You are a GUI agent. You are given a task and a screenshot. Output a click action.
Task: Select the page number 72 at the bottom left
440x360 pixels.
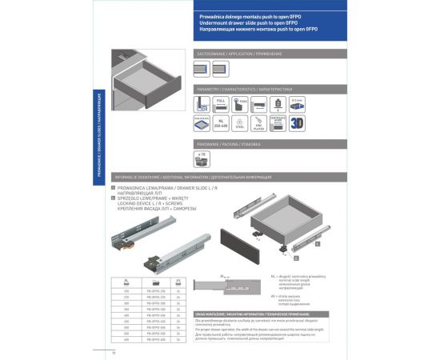click(x=114, y=352)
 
